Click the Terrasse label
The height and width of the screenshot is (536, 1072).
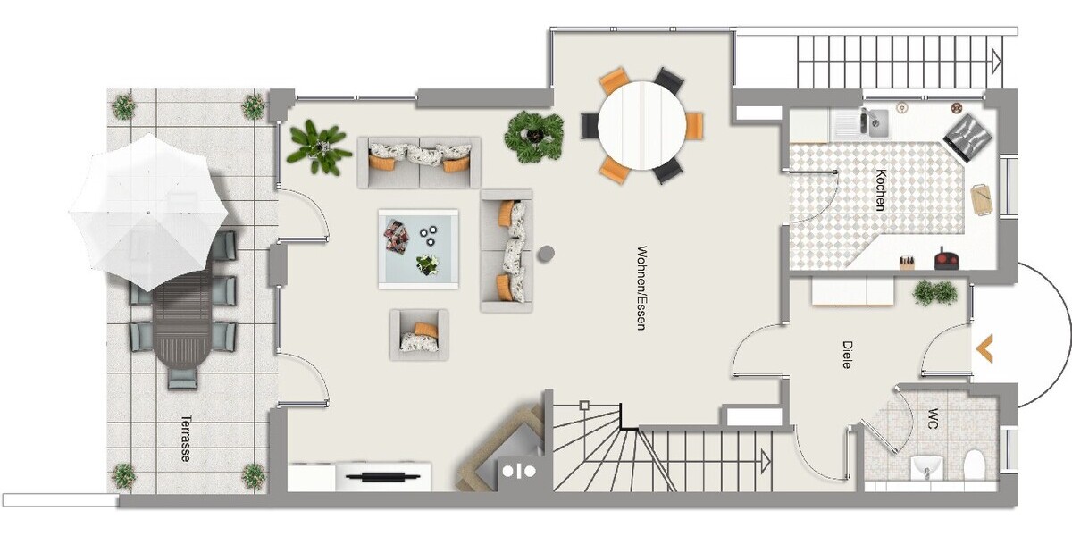[x=186, y=438]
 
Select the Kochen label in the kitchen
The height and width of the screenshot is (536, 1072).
[x=880, y=190]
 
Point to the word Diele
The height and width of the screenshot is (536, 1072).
[x=847, y=355]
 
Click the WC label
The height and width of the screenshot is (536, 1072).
[x=933, y=418]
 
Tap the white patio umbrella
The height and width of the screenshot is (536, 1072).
[x=149, y=212]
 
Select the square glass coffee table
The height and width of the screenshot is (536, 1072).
[x=418, y=249]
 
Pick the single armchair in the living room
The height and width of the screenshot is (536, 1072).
[x=419, y=334]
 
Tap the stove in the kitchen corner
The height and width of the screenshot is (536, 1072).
[x=967, y=138]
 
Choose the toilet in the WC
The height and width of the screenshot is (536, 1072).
[x=974, y=465]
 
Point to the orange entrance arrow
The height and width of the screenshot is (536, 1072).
[x=984, y=348]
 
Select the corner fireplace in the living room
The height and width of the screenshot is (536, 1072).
[x=500, y=450]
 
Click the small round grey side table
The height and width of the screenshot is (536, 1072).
[x=546, y=254]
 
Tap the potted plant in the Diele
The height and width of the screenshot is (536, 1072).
[x=935, y=293]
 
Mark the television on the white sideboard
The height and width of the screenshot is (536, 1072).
[x=383, y=477]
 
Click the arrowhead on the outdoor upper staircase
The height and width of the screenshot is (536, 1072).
[x=997, y=62]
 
